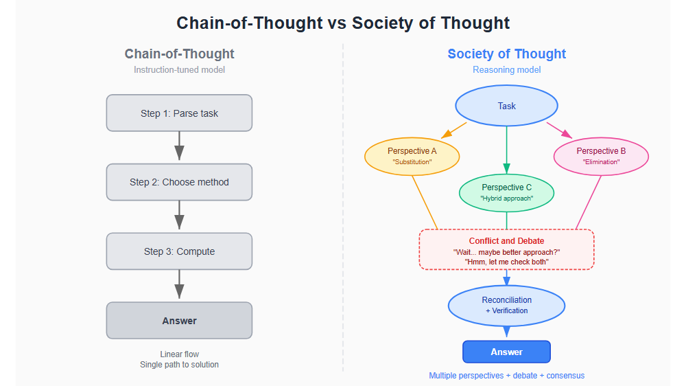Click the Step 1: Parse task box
click(179, 113)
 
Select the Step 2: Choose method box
click(179, 182)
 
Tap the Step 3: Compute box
click(179, 251)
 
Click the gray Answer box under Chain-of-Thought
click(179, 321)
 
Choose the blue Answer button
click(506, 352)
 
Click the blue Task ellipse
click(506, 106)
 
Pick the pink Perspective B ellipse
click(601, 156)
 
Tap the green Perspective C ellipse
click(506, 192)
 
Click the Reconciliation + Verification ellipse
click(506, 305)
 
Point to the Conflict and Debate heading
click(506, 241)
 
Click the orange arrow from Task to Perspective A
click(453, 130)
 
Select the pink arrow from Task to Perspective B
click(559, 130)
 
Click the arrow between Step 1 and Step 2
click(179, 147)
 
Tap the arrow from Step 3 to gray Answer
click(179, 285)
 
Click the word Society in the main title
click(381, 23)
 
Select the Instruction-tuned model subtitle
click(179, 70)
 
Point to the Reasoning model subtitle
click(506, 70)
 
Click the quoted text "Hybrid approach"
click(506, 198)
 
